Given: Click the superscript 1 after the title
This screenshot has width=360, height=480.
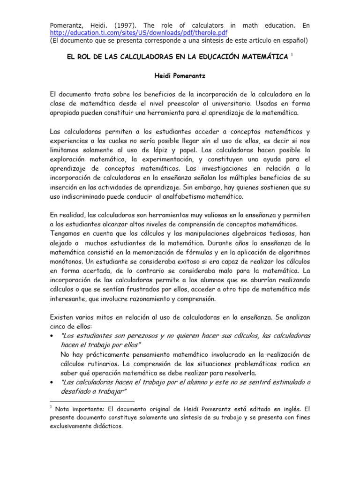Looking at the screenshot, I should (292, 54).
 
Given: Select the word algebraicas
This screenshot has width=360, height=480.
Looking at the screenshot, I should (229, 233).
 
